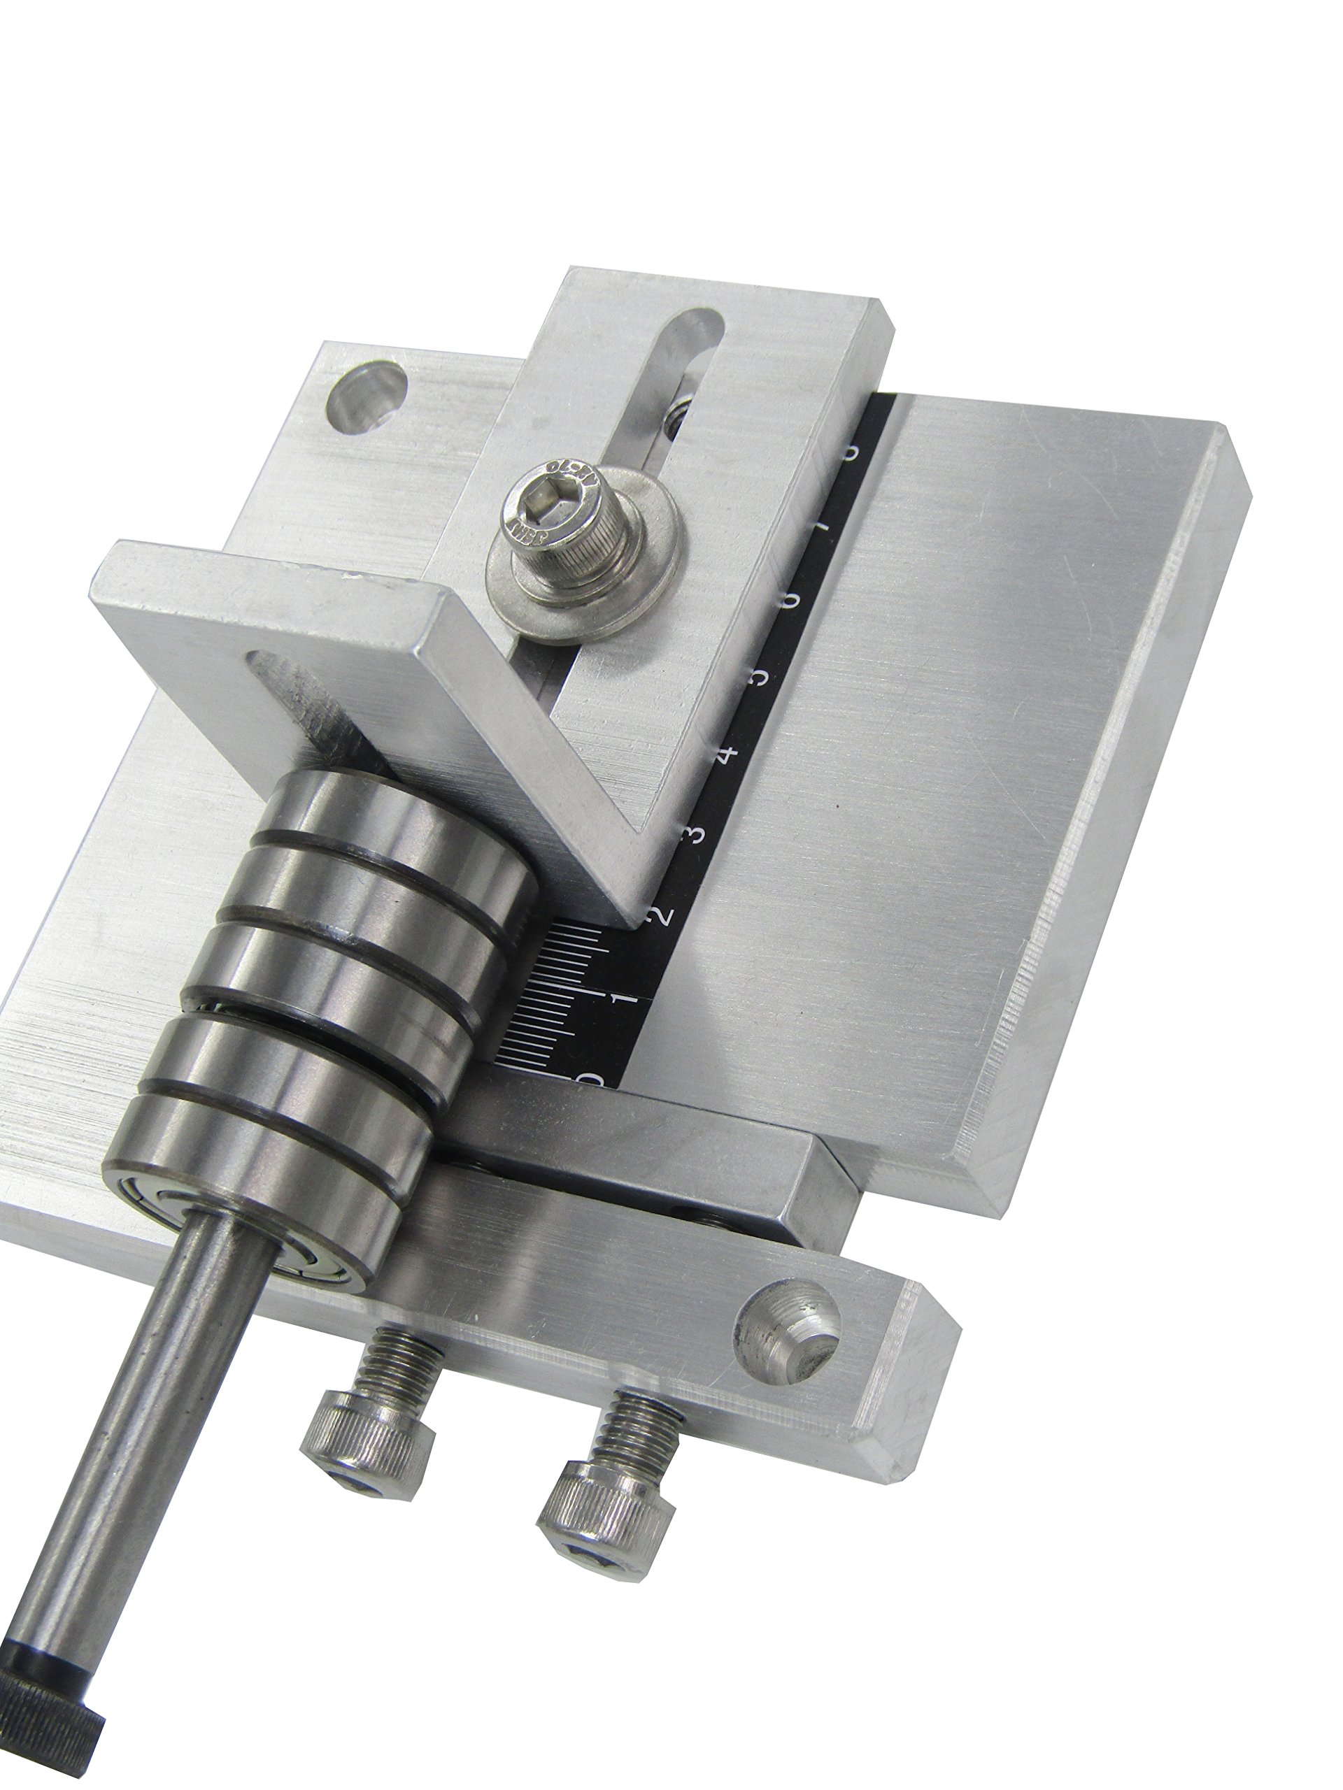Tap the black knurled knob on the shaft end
tap(48, 1732)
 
